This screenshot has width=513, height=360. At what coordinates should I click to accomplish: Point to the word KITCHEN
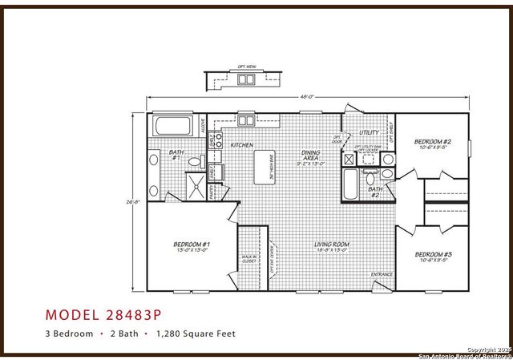pyautogui.click(x=242, y=145)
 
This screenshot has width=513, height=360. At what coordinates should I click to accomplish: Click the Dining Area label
pyautogui.click(x=310, y=157)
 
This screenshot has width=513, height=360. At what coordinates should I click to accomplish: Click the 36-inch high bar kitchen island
pyautogui.click(x=263, y=168)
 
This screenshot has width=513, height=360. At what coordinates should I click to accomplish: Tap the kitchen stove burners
pyautogui.click(x=217, y=139)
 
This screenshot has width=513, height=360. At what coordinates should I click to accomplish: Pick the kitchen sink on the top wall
pyautogui.click(x=245, y=121)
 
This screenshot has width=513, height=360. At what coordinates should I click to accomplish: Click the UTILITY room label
pyautogui.click(x=369, y=132)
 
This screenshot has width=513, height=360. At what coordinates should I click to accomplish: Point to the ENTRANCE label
pyautogui.click(x=382, y=275)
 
